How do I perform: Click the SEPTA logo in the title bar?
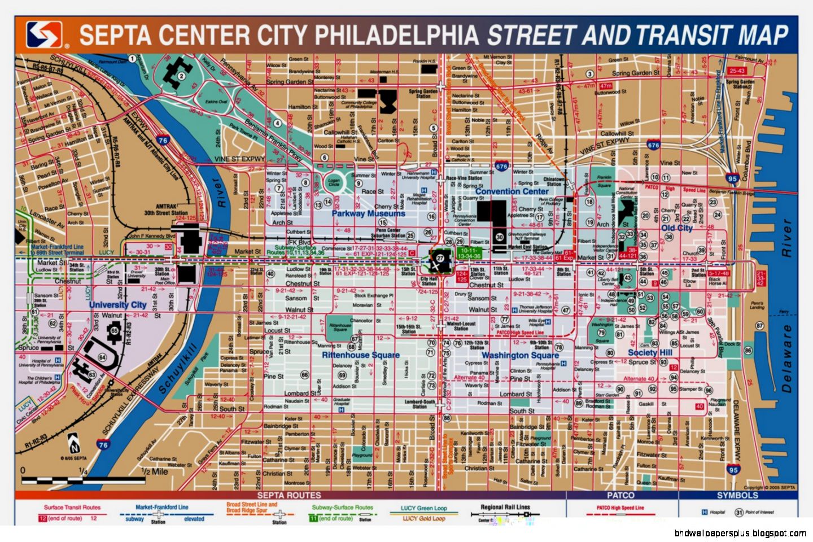43,35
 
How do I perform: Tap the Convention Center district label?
512,191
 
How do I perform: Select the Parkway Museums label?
368,213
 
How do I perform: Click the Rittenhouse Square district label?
360,355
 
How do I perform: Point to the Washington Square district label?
520,355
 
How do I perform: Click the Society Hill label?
650,352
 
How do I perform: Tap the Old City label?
676,228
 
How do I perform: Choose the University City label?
117,304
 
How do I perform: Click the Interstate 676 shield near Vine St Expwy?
501,166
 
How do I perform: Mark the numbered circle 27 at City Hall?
440,257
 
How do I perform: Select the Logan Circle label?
334,182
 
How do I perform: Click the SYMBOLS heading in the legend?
737,495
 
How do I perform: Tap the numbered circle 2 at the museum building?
181,76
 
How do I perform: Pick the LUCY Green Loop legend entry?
423,508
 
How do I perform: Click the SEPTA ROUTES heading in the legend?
289,495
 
